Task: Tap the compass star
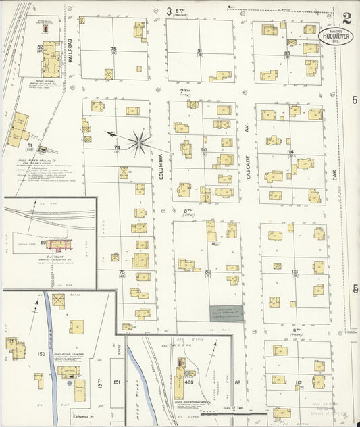coord(139,141)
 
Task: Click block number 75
coord(113,49)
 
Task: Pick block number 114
coord(290,152)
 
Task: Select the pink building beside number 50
coord(56,243)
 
